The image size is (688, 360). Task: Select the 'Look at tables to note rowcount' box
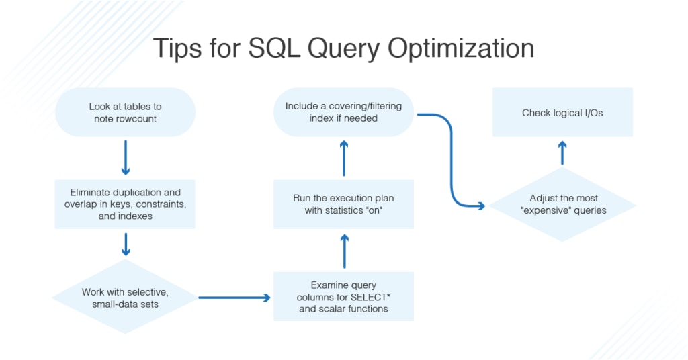point(126,112)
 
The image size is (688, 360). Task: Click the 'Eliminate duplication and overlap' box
point(126,204)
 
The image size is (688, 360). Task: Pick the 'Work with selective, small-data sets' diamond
point(126,297)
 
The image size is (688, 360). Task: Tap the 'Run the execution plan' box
point(343,204)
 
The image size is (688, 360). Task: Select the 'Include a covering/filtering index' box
point(343,112)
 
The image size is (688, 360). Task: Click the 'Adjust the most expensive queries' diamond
point(563,204)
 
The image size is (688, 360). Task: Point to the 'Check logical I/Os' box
point(562,112)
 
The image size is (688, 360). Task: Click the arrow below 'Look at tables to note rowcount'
point(126,158)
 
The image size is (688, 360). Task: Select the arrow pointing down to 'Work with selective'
point(126,246)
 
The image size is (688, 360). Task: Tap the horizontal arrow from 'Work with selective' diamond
point(233,296)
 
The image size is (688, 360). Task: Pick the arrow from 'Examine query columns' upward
point(343,251)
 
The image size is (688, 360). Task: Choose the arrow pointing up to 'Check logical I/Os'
point(562,154)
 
